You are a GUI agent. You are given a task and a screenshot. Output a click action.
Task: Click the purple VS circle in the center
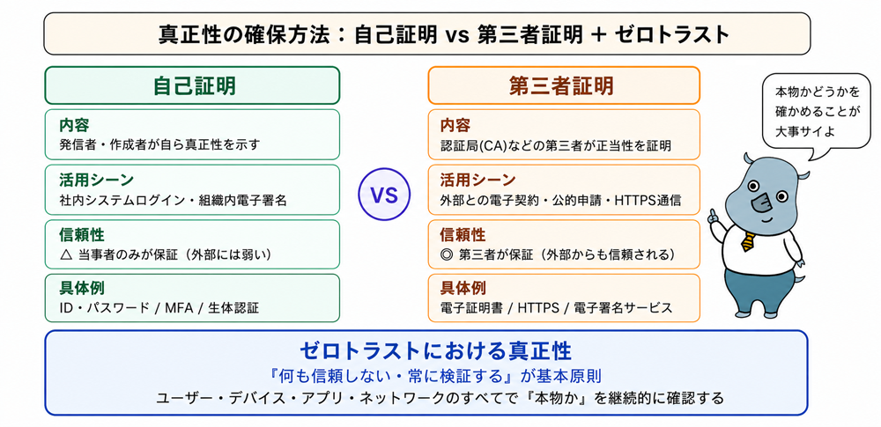(384, 195)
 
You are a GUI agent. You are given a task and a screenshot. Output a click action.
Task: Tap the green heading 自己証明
(194, 86)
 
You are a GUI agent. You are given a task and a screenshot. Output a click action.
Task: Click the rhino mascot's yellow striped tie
(748, 239)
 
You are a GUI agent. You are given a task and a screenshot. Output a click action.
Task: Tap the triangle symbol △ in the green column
(66, 254)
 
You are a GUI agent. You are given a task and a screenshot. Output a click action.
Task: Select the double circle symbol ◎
(448, 254)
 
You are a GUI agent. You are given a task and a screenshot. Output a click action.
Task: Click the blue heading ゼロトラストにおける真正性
(435, 351)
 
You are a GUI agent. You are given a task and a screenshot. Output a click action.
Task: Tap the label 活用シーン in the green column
(96, 180)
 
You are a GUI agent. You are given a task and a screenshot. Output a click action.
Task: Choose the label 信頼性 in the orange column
(463, 234)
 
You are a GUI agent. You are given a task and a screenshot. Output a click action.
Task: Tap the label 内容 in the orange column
(455, 125)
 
